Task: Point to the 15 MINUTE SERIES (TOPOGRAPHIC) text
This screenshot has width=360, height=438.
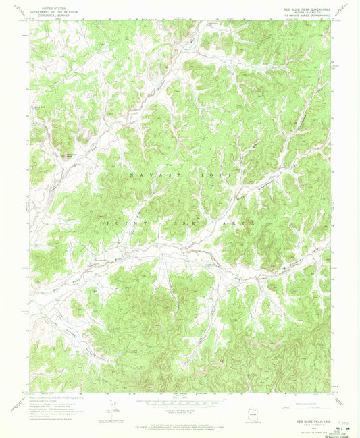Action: click(302, 13)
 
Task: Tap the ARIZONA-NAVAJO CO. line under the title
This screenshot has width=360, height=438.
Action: click(302, 9)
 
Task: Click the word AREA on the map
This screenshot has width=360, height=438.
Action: click(242, 222)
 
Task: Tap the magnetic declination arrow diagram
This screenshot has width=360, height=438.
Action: click(110, 408)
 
